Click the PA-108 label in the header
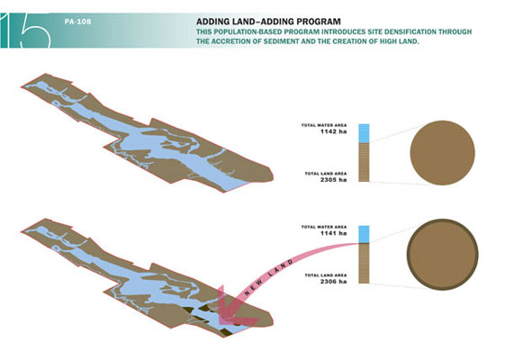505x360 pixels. pos(77,22)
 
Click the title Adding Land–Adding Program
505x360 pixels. pos(268,22)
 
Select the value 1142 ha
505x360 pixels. pos(333,131)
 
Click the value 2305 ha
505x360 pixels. pos(333,180)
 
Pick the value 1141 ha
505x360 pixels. pos(333,233)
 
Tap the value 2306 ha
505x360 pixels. pos(333,282)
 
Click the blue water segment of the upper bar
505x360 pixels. pos(364,133)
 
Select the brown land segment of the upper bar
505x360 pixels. pos(364,162)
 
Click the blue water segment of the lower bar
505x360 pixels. pos(364,234)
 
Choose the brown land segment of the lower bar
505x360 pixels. pos(364,264)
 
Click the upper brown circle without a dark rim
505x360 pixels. pos(443,153)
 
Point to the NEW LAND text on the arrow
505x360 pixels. pos(269,277)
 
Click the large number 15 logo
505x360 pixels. pos(25,31)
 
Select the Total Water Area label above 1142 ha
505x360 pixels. pos(324,125)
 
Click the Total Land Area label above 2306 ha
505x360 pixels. pos(326,275)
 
